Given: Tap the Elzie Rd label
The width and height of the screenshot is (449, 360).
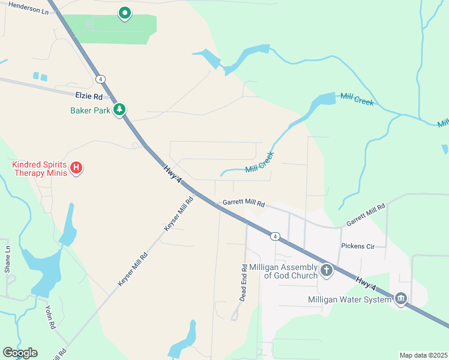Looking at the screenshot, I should point(89,96).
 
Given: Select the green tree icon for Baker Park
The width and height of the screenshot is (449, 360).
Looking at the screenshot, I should point(121,109).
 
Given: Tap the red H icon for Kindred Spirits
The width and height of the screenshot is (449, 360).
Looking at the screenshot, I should point(76,168).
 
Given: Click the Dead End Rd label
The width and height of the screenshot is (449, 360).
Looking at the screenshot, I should point(244,283).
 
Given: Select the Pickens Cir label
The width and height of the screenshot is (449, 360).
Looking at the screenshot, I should point(358,246).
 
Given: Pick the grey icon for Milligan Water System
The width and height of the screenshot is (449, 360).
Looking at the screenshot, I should point(401,298).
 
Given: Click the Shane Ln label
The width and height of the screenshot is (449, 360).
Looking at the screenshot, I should point(8,259).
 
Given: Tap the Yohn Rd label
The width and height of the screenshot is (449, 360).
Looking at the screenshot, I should point(50,317).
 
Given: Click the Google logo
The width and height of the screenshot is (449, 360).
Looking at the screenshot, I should point(20,353).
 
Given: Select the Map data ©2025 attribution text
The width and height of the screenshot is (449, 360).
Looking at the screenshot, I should point(423,355).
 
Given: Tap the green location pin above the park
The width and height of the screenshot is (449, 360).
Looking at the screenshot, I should point(125,13).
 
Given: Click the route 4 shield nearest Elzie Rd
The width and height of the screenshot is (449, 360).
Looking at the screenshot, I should point(100,79).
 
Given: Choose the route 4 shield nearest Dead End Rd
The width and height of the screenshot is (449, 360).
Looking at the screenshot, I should point(274,236).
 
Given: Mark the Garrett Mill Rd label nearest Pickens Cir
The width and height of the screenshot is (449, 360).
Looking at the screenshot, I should point(365,215).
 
